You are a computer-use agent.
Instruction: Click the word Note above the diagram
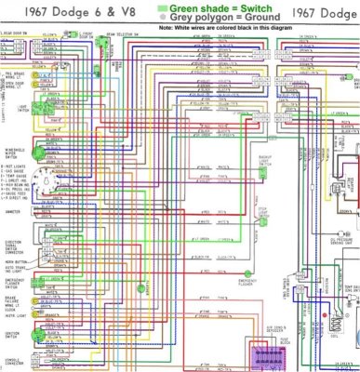[167, 28]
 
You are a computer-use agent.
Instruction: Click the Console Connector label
[16, 362]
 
